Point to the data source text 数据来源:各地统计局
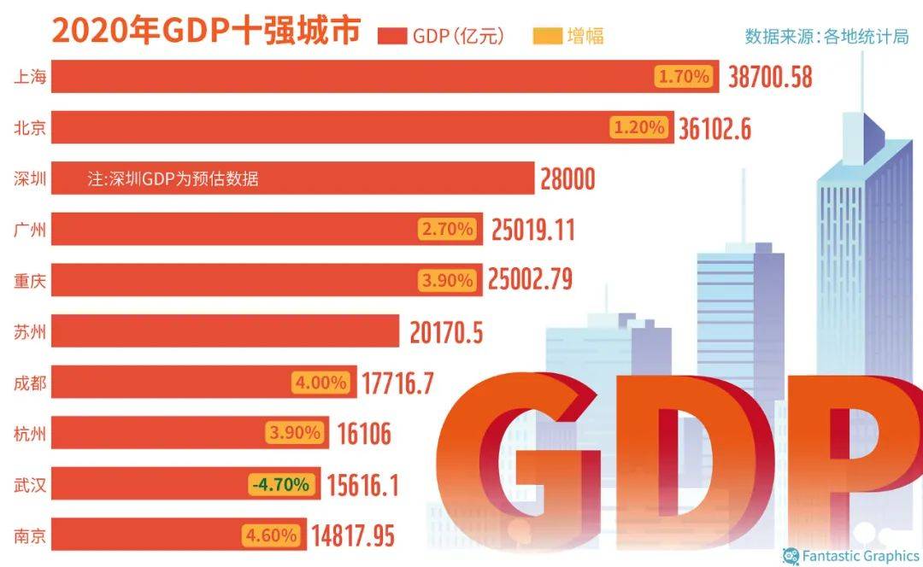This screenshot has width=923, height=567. coord(826,36)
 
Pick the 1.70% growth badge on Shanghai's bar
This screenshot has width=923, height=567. coord(684,77)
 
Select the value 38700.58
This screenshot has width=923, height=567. coord(770,78)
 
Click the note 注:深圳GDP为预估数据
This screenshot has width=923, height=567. coord(173,179)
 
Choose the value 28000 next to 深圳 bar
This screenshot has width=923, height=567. coord(567,179)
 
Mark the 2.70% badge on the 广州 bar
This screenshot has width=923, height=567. coord(446,229)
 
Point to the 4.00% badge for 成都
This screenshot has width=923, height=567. coord(320,382)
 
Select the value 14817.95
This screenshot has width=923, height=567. coord(353,536)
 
